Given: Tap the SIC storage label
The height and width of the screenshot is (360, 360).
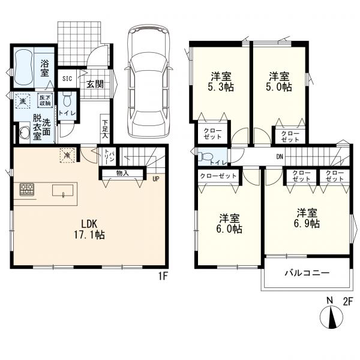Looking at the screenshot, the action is (x=67, y=79).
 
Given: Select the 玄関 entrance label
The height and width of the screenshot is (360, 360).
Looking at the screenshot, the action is (x=95, y=84).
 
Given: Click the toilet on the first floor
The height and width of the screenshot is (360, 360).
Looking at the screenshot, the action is (x=67, y=99).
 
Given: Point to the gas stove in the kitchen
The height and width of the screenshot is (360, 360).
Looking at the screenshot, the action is (x=27, y=190).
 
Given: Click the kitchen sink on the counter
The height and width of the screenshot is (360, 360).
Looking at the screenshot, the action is (x=62, y=191).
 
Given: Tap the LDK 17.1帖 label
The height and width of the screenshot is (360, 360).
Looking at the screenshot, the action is (x=89, y=229).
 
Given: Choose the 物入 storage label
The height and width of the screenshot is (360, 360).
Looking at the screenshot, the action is (x=122, y=173).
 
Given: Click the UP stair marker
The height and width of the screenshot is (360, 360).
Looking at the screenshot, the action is (x=155, y=179).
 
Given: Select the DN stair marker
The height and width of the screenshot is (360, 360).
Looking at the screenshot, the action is (x=280, y=157).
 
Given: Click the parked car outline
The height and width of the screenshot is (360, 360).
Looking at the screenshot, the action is (x=149, y=81).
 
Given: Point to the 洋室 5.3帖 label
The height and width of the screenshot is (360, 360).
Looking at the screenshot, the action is (x=221, y=82).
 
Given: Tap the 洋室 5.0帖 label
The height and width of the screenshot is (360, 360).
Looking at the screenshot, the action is (x=279, y=82).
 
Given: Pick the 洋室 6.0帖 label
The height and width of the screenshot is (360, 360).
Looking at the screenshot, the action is (x=229, y=223).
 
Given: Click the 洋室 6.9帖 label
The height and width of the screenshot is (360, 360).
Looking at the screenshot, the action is (x=307, y=218).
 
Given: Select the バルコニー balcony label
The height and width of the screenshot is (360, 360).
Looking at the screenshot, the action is (x=307, y=273).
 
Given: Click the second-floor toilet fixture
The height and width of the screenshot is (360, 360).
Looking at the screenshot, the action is (x=205, y=157).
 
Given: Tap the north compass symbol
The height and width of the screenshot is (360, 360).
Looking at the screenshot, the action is (x=331, y=316).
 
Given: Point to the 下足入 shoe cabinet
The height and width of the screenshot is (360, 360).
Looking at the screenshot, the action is (x=105, y=129).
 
